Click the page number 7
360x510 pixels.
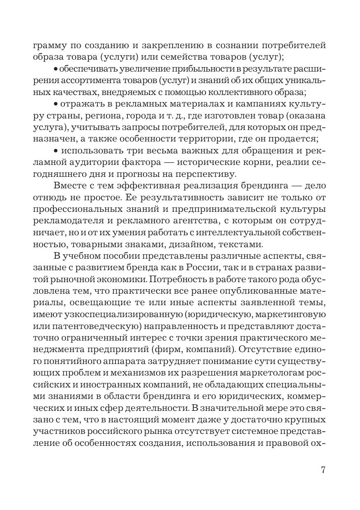point(323,470)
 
